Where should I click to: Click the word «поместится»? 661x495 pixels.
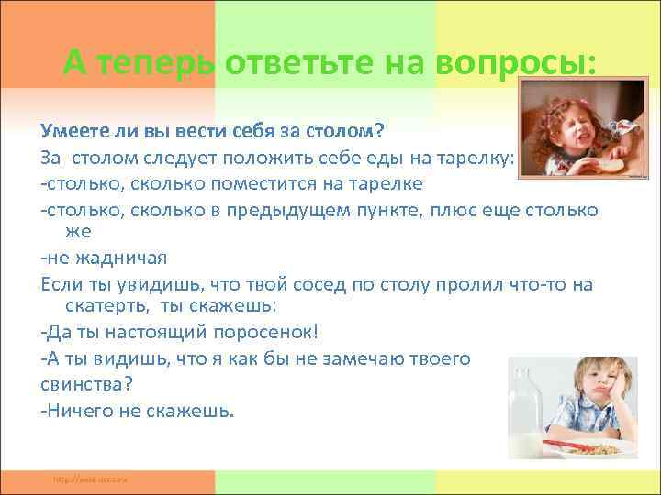(249, 183)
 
